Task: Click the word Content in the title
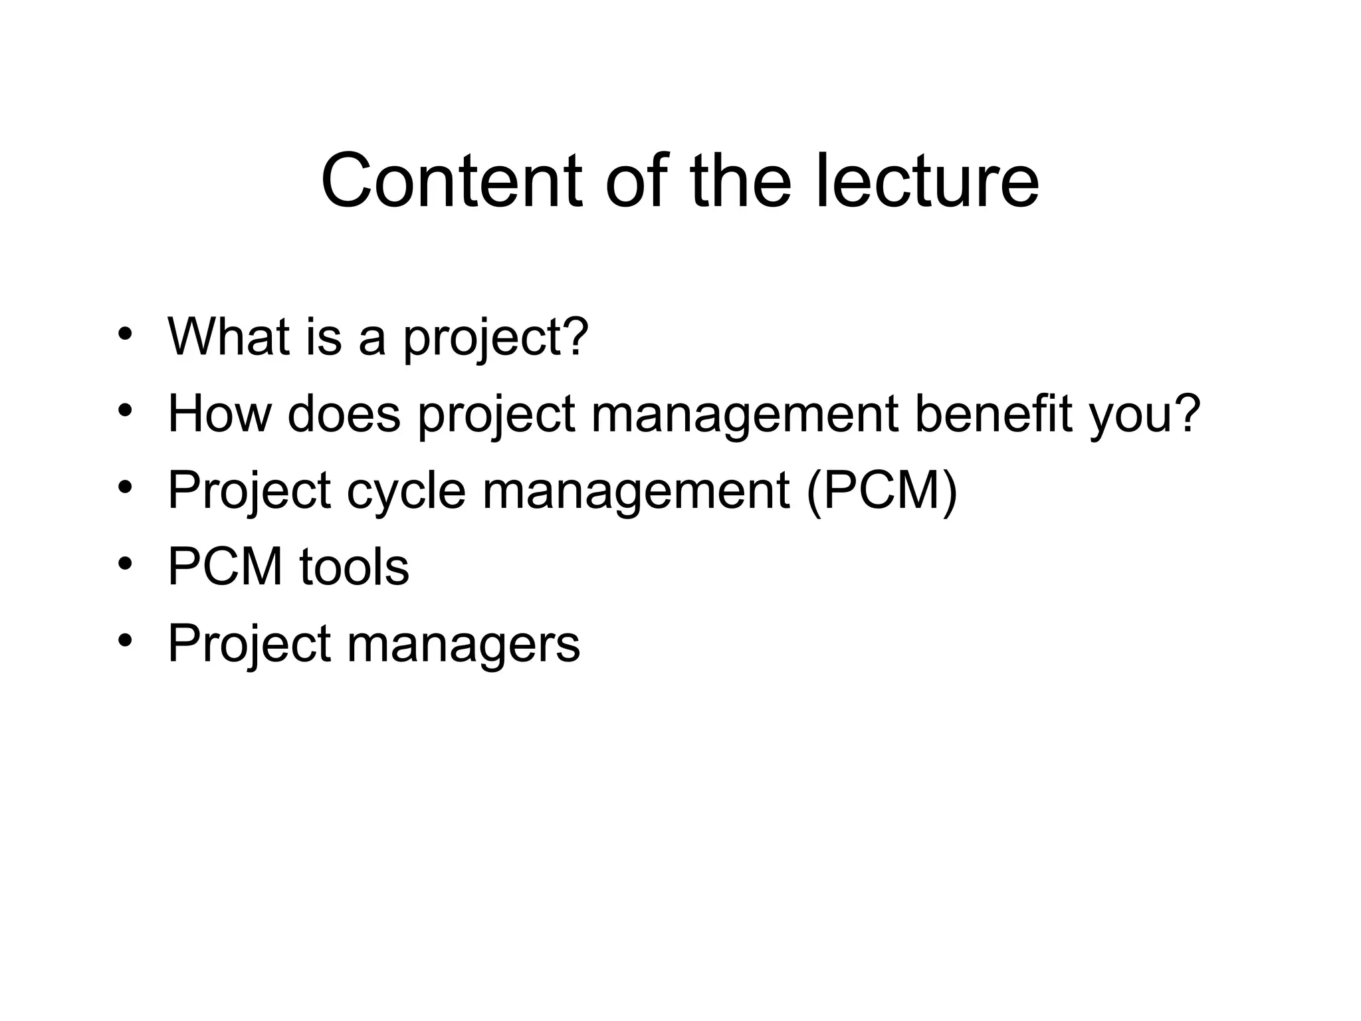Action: pyautogui.click(x=451, y=181)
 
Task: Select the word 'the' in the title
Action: pyautogui.click(x=740, y=181)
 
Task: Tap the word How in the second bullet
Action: pyautogui.click(x=220, y=413)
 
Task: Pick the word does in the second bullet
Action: pyautogui.click(x=344, y=413)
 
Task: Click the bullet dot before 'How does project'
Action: pyautogui.click(x=124, y=411)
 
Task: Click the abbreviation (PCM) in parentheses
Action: pyautogui.click(x=882, y=491)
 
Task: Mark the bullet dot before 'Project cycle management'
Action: pyautogui.click(x=124, y=489)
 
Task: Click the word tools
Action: pyautogui.click(x=354, y=567)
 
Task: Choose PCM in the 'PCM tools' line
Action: pyautogui.click(x=225, y=567)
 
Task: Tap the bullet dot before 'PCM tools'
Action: pyautogui.click(x=124, y=565)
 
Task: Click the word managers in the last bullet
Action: pyautogui.click(x=463, y=644)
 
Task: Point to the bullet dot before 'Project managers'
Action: pyautogui.click(x=124, y=641)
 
